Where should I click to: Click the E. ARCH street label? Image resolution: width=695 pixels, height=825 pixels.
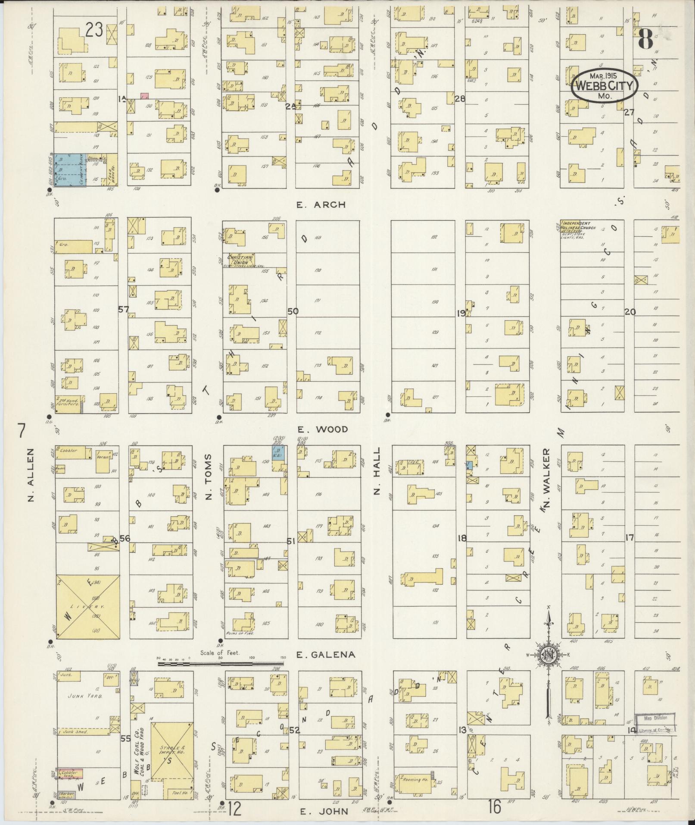point(321,205)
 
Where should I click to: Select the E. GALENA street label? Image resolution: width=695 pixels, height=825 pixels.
point(326,666)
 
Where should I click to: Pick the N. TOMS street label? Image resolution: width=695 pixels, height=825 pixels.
point(209,477)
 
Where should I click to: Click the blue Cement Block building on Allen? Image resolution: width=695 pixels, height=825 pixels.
point(71,170)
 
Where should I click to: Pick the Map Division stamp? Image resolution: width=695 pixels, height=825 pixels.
point(655,718)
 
